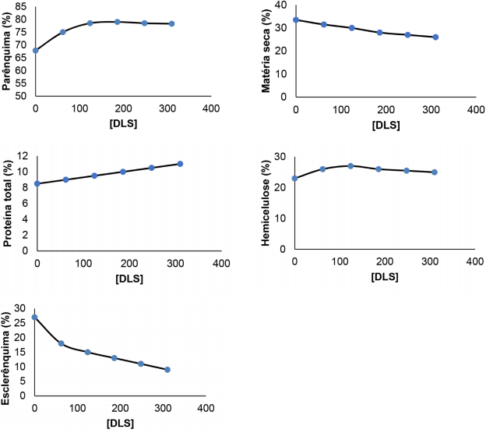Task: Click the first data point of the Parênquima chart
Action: [x=35, y=50]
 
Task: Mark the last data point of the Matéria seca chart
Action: [x=435, y=37]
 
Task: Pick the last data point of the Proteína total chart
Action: [x=180, y=164]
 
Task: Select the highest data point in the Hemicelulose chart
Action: [x=350, y=165]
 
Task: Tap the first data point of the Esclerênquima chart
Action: [x=34, y=318]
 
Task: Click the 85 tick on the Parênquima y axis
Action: [x=23, y=5]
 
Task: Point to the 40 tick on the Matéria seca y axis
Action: [x=282, y=5]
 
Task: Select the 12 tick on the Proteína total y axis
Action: [x=23, y=156]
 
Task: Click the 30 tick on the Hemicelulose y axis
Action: [x=282, y=157]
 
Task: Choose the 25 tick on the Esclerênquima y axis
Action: [x=23, y=321]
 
